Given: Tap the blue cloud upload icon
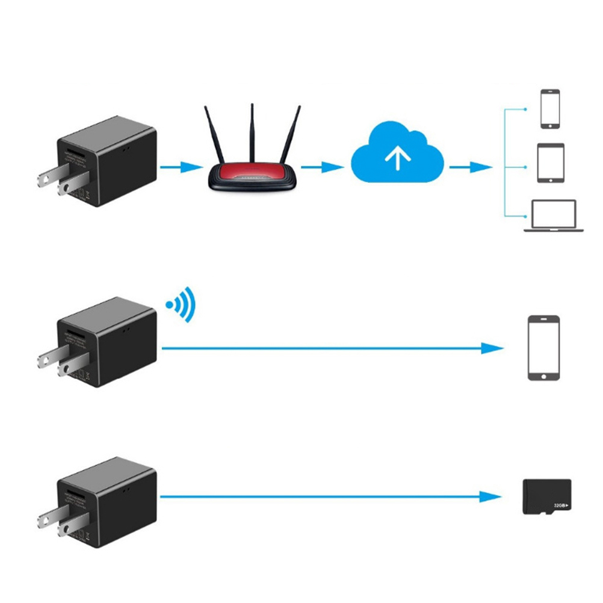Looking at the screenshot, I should pos(397,154).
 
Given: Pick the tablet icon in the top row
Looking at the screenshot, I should pos(550,162).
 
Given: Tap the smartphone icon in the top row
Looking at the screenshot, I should pos(550,109).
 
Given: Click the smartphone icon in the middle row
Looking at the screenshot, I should pos(544,347).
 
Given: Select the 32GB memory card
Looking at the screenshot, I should pos(546,496).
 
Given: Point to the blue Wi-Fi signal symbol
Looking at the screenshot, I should pos(183,303).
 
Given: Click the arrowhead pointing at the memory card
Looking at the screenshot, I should pos(493,497).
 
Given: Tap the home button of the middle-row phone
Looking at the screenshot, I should pos(544,374).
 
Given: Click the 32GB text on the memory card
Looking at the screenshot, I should pos(559,506).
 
